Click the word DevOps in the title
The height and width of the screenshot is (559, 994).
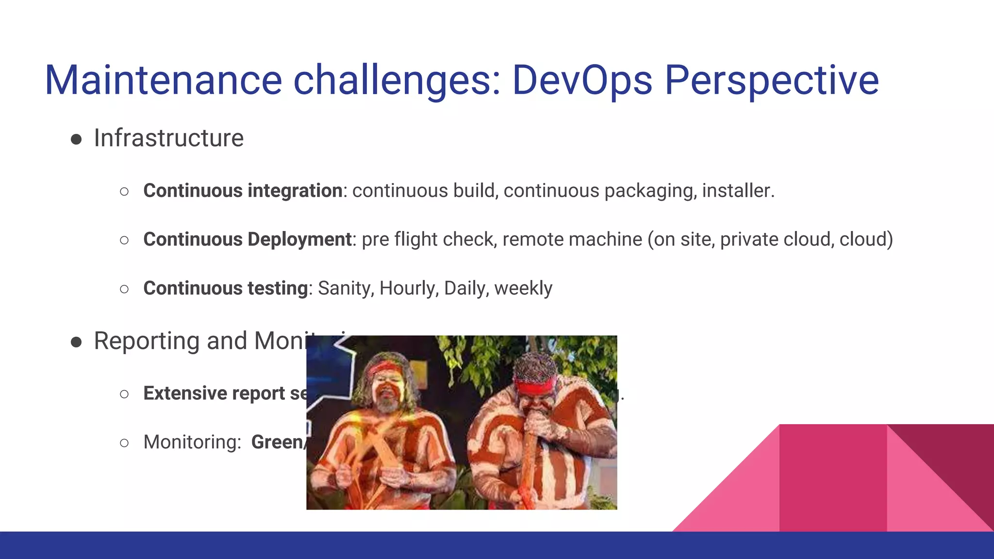[x=582, y=80]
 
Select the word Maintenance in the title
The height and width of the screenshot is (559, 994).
[x=163, y=80]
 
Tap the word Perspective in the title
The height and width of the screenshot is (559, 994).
[x=771, y=80]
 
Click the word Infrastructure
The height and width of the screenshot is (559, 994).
[x=168, y=138]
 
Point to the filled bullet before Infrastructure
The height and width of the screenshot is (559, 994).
[x=76, y=140]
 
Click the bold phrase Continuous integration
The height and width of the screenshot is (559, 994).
[x=243, y=191]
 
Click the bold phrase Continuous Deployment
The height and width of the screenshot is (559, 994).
[x=248, y=240]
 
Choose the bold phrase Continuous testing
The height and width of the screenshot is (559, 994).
[x=226, y=289]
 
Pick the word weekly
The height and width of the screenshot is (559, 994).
[x=523, y=289]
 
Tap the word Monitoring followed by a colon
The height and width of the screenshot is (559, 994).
[x=192, y=443]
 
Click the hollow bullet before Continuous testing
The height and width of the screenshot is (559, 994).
[x=124, y=290]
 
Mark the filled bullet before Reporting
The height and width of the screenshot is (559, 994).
[x=76, y=343]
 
